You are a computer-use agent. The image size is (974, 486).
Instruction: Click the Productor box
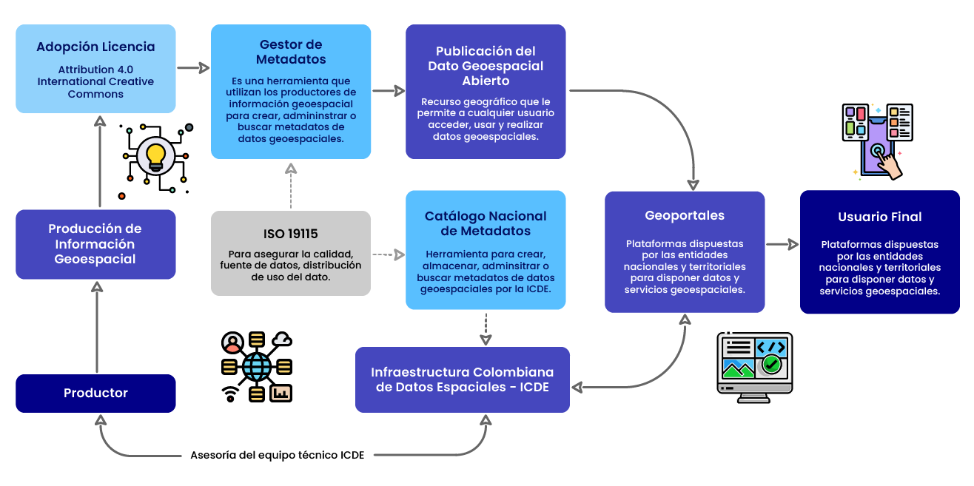tap(95, 393)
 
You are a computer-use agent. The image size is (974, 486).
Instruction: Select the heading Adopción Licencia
tap(95, 47)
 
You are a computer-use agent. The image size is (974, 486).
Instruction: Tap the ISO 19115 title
tap(290, 234)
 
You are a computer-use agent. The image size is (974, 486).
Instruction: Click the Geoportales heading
tap(685, 216)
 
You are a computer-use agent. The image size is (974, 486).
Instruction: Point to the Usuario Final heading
tap(879, 217)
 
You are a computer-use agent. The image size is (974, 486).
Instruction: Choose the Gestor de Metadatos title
tap(291, 52)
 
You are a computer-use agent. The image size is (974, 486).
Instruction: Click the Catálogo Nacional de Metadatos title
tap(486, 223)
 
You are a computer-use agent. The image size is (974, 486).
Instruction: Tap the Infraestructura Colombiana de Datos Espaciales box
tap(462, 379)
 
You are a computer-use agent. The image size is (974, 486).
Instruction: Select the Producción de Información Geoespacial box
tap(95, 244)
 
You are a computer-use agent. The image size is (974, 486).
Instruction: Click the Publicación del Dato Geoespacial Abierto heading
tap(486, 66)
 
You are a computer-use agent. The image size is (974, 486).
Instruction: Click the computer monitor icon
tap(755, 366)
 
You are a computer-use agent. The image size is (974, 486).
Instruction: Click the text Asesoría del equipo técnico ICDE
tap(278, 455)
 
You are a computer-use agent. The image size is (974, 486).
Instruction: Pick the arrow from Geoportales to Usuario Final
tap(782, 244)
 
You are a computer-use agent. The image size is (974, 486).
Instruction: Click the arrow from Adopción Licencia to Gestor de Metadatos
tap(193, 68)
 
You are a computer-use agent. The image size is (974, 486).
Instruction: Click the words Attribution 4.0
tap(95, 69)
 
